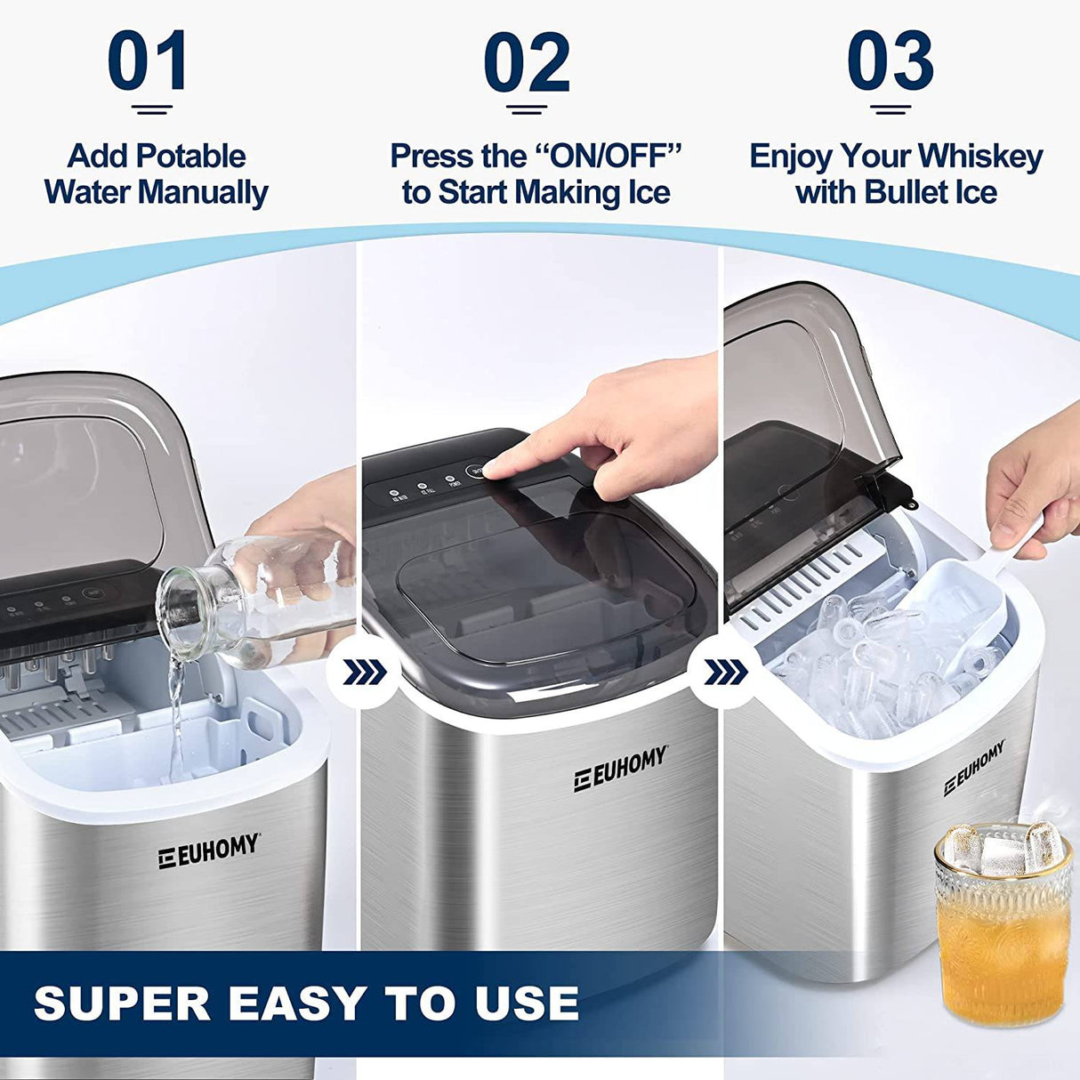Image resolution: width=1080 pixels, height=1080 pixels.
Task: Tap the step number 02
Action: pos(527,62)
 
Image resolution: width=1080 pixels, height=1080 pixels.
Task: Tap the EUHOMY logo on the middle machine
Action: pos(619,770)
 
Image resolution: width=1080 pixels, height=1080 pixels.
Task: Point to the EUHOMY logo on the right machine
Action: pos(975,767)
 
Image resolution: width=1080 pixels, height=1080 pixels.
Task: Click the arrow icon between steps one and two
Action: pos(364,673)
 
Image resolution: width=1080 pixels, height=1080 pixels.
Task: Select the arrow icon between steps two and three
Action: pos(726,673)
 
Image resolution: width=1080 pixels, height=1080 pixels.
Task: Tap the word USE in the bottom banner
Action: pos(526,1003)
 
